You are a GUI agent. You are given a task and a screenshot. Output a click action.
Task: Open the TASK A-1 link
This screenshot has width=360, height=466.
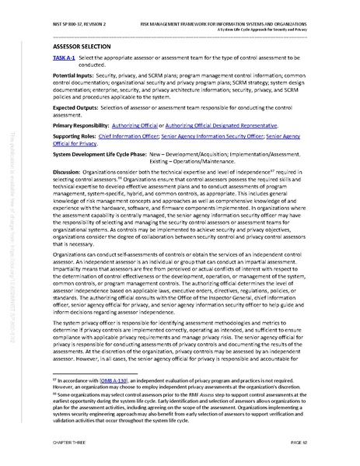click(x=63, y=58)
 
